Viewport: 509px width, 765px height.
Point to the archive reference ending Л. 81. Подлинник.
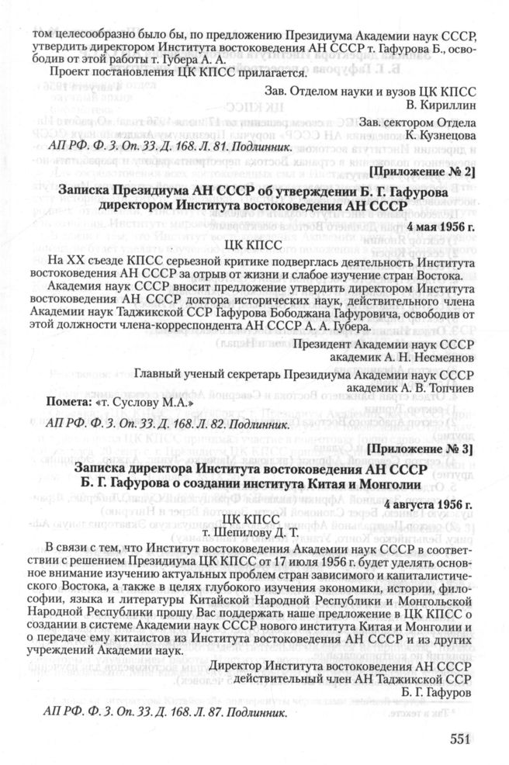[148, 147]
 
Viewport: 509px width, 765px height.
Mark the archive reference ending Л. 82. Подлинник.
[148, 424]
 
